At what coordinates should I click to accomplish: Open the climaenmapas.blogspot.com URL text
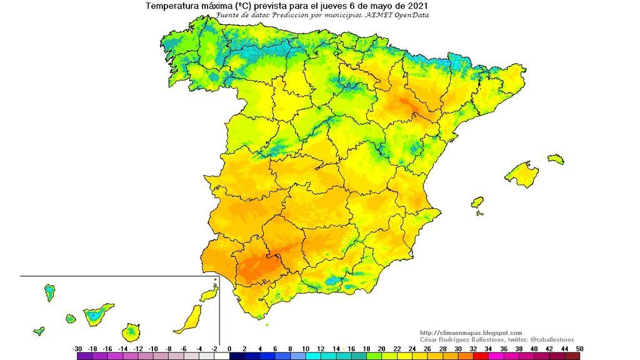coord(471,332)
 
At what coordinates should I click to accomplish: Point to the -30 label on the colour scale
coord(77,348)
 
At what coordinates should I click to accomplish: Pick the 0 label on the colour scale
coord(229,348)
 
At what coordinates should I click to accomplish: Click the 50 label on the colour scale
coord(579,348)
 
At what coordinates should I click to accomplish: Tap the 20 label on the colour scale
coord(381,348)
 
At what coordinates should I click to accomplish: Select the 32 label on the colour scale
coord(472,348)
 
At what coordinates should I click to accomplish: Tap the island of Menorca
coord(556,159)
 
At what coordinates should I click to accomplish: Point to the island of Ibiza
coord(477,203)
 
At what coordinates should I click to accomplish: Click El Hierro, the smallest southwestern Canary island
coord(39,331)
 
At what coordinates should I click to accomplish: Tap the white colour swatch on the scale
coord(222,356)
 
